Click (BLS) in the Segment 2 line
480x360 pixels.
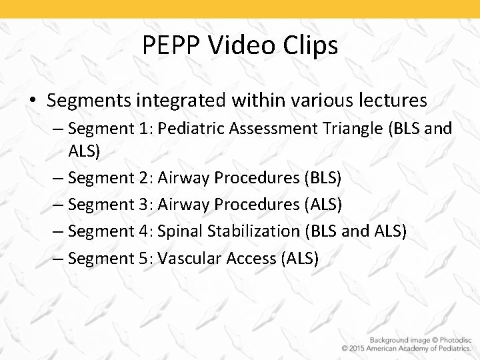[323, 178]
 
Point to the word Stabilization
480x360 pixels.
[253, 231]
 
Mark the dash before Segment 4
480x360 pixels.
[59, 231]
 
